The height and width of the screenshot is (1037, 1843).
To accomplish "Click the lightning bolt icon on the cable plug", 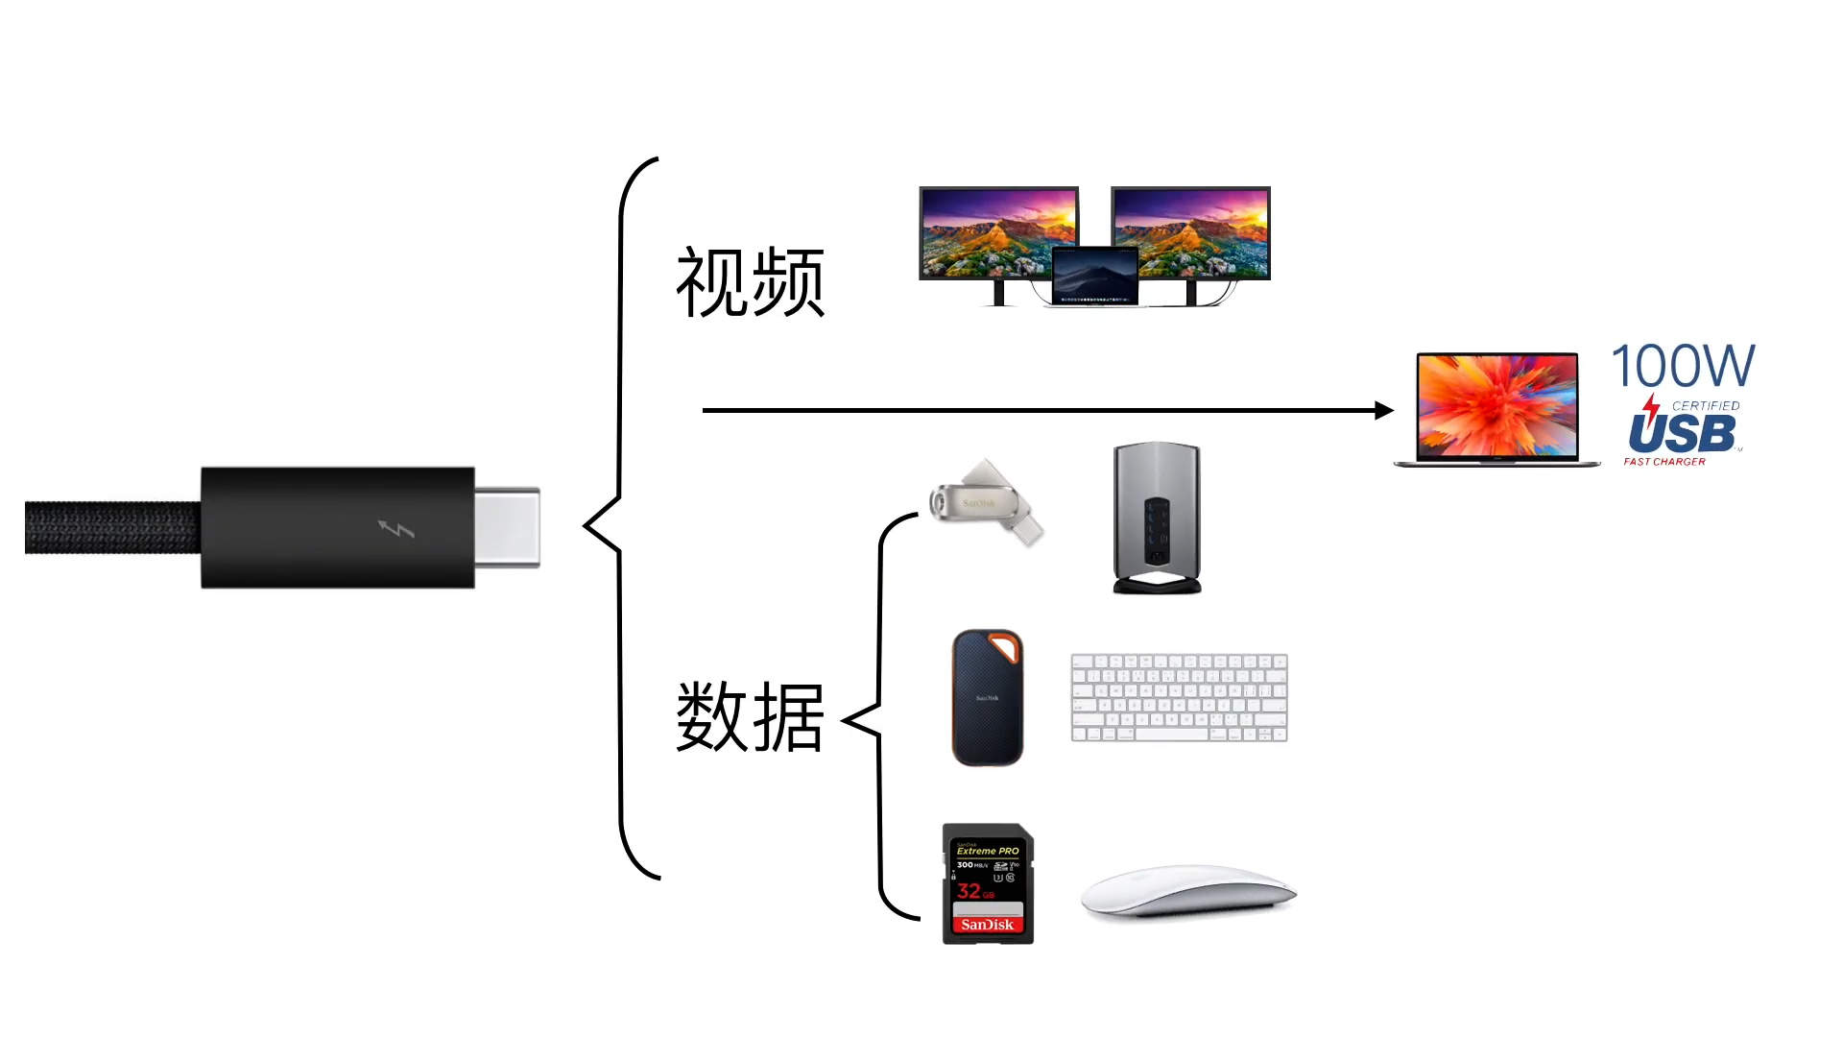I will tap(395, 529).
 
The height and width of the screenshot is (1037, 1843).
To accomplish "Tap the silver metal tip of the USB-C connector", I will tap(508, 527).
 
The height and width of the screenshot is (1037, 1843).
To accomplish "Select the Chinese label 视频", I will tap(750, 282).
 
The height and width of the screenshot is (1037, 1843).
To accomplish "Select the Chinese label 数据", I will tap(750, 716).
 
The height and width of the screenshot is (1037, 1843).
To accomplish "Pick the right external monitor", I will tap(1191, 230).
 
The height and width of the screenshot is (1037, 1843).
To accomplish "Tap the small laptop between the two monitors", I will tap(1095, 277).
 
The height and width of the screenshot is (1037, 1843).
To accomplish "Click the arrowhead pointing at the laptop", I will tap(1383, 411).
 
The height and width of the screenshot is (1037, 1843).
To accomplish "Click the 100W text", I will tap(1683, 366).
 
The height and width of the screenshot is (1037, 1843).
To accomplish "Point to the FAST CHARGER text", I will tap(1664, 462).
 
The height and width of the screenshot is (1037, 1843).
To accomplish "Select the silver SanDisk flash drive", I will tap(985, 502).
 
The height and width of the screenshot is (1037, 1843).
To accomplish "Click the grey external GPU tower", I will tap(1157, 518).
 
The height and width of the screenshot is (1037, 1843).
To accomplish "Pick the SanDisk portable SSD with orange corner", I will tap(987, 698).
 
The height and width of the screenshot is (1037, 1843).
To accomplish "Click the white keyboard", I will tap(1179, 698).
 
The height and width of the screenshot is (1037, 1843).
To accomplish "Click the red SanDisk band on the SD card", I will tap(988, 925).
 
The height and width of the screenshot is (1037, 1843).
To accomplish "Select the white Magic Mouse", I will tap(1187, 893).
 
